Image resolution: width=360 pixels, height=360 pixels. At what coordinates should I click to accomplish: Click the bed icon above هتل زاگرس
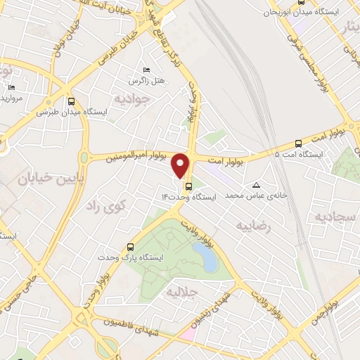[x=146, y=70]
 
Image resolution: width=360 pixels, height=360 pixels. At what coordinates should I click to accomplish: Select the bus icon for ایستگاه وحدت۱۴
[x=188, y=186]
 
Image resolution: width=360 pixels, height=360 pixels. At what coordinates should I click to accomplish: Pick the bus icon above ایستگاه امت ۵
[x=299, y=143]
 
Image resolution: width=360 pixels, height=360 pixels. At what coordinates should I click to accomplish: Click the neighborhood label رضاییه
[x=253, y=226]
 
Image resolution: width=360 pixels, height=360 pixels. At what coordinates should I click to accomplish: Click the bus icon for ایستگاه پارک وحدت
[x=130, y=247]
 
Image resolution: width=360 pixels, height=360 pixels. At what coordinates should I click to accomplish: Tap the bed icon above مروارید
[x=11, y=87]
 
